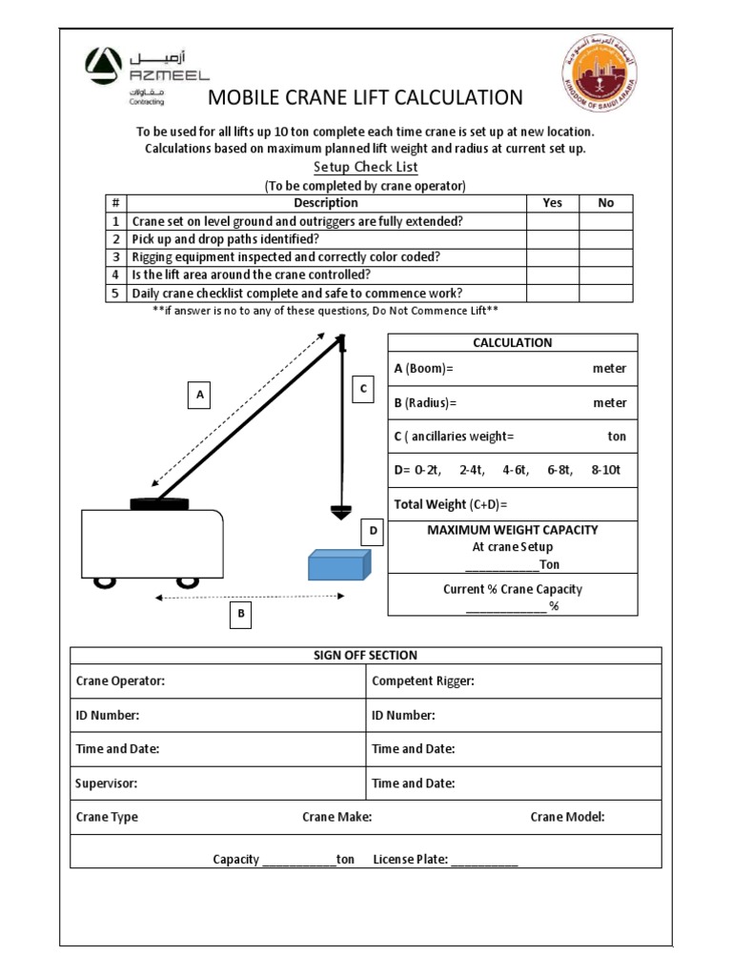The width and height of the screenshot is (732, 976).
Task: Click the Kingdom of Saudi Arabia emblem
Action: [600, 82]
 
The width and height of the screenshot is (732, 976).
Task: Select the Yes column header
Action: [553, 203]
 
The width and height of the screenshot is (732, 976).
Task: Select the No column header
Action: [605, 203]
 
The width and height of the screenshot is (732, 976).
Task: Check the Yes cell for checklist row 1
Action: [553, 221]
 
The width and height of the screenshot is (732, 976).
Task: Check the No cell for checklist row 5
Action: [605, 294]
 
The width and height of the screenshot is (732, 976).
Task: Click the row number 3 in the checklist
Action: [115, 257]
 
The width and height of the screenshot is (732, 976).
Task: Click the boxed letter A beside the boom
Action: [200, 394]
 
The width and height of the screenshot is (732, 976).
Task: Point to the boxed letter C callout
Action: [362, 388]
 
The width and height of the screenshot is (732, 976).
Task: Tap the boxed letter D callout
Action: [373, 531]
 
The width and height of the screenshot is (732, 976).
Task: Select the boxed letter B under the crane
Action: [241, 615]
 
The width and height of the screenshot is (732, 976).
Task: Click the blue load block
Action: [338, 564]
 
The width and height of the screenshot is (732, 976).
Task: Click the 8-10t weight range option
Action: [606, 470]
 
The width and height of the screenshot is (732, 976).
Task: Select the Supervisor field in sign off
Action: [107, 783]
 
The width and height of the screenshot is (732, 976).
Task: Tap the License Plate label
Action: [410, 859]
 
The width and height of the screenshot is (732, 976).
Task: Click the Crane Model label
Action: [567, 817]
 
